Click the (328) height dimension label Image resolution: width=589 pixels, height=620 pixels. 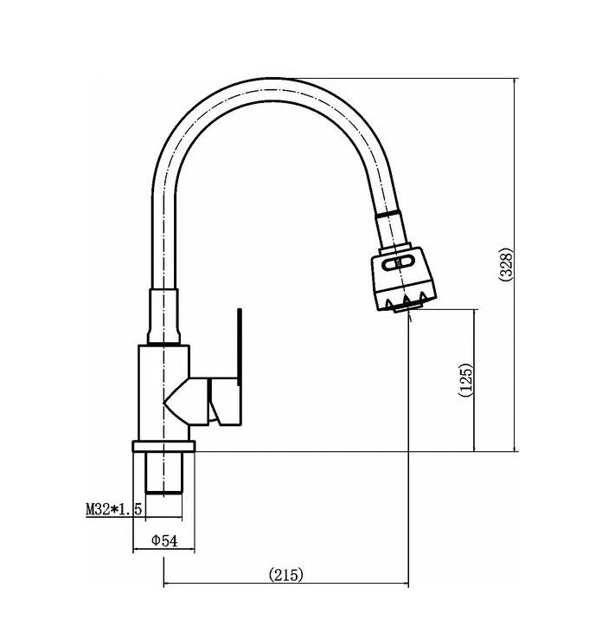tap(506, 264)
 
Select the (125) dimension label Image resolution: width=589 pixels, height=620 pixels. tap(465, 379)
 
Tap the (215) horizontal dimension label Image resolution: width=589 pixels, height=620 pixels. tap(286, 574)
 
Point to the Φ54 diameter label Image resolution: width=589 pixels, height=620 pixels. tap(164, 540)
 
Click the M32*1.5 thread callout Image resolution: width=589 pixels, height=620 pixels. tap(114, 509)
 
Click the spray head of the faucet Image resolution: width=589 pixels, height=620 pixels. tap(403, 280)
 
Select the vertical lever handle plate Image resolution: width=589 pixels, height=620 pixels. tap(240, 346)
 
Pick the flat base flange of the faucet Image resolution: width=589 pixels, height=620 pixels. tap(163, 447)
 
